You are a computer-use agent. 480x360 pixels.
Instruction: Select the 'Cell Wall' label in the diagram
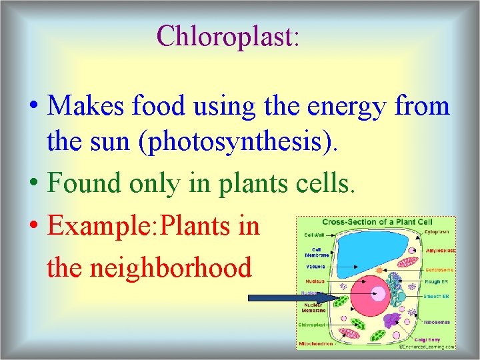coord(315,235)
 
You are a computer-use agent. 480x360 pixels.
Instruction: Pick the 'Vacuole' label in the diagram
coord(315,266)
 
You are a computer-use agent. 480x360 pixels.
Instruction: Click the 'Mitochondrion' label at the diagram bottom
coord(317,345)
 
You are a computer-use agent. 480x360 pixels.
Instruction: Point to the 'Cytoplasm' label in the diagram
coord(438,232)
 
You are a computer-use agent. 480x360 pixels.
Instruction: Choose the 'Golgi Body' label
coord(437,339)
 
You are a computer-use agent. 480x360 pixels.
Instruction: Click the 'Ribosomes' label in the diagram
coord(437,322)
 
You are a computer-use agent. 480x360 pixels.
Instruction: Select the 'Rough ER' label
coord(438,281)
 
